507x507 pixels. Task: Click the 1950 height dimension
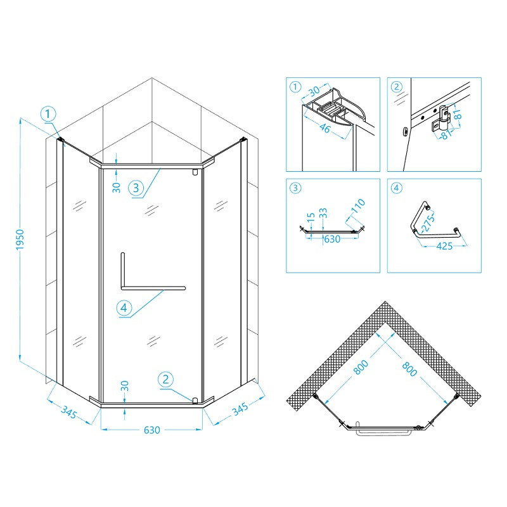click(20, 240)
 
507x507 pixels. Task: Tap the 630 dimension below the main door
click(152, 430)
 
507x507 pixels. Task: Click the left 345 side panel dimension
click(69, 413)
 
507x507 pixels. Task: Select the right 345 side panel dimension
click(240, 409)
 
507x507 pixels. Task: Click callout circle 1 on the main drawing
click(48, 114)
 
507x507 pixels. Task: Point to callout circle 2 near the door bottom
click(165, 379)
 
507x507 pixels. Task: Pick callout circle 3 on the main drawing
click(136, 188)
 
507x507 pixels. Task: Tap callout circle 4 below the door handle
click(124, 307)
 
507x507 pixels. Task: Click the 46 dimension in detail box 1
click(324, 129)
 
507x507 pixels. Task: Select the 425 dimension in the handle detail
click(444, 246)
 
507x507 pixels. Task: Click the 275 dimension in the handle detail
click(428, 224)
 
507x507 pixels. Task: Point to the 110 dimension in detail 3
click(358, 205)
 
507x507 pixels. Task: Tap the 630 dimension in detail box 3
click(332, 240)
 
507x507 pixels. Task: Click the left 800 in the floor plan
click(361, 368)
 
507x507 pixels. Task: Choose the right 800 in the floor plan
click(409, 369)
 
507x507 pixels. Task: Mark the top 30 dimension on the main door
click(117, 188)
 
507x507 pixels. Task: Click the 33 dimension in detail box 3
click(323, 213)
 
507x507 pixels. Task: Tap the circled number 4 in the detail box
click(397, 188)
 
